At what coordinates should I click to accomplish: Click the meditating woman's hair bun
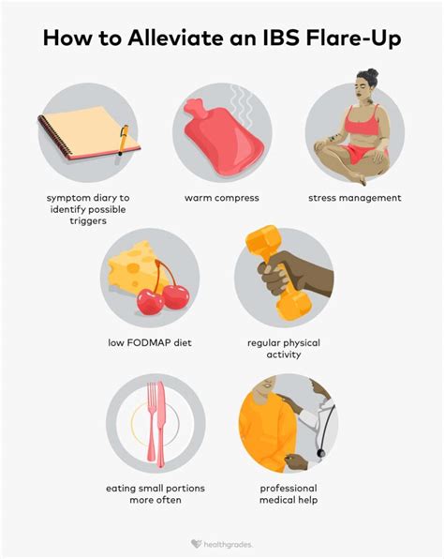coord(372,73)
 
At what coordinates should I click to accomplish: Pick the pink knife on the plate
coord(161,425)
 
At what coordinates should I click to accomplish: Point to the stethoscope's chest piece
coord(321,453)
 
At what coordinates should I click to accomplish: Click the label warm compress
coord(221,198)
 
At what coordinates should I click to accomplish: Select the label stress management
coord(355,198)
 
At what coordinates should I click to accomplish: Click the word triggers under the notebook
coord(88,221)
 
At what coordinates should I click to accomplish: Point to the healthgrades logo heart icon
coord(196,544)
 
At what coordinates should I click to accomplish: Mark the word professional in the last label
coord(289,488)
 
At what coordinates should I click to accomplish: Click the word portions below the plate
coord(186,489)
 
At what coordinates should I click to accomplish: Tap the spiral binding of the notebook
coord(54,136)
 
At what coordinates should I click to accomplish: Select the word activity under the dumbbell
coord(284,355)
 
